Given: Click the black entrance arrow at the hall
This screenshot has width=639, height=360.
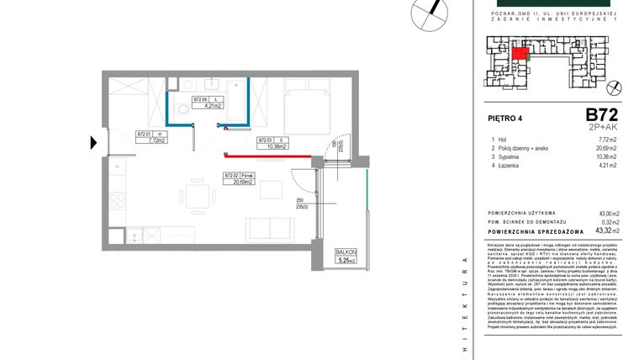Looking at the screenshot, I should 95,141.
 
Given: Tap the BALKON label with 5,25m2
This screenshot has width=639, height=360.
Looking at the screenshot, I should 346,256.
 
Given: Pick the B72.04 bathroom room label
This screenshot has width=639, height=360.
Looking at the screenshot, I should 207,103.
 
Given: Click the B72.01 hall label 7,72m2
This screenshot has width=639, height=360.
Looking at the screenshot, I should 151,138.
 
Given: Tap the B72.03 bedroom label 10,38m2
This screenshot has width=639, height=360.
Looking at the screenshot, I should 272,143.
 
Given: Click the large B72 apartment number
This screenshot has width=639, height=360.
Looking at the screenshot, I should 602,114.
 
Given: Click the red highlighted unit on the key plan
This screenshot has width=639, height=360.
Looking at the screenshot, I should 521,55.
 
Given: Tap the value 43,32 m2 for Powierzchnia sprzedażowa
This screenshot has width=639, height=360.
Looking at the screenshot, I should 605,230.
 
